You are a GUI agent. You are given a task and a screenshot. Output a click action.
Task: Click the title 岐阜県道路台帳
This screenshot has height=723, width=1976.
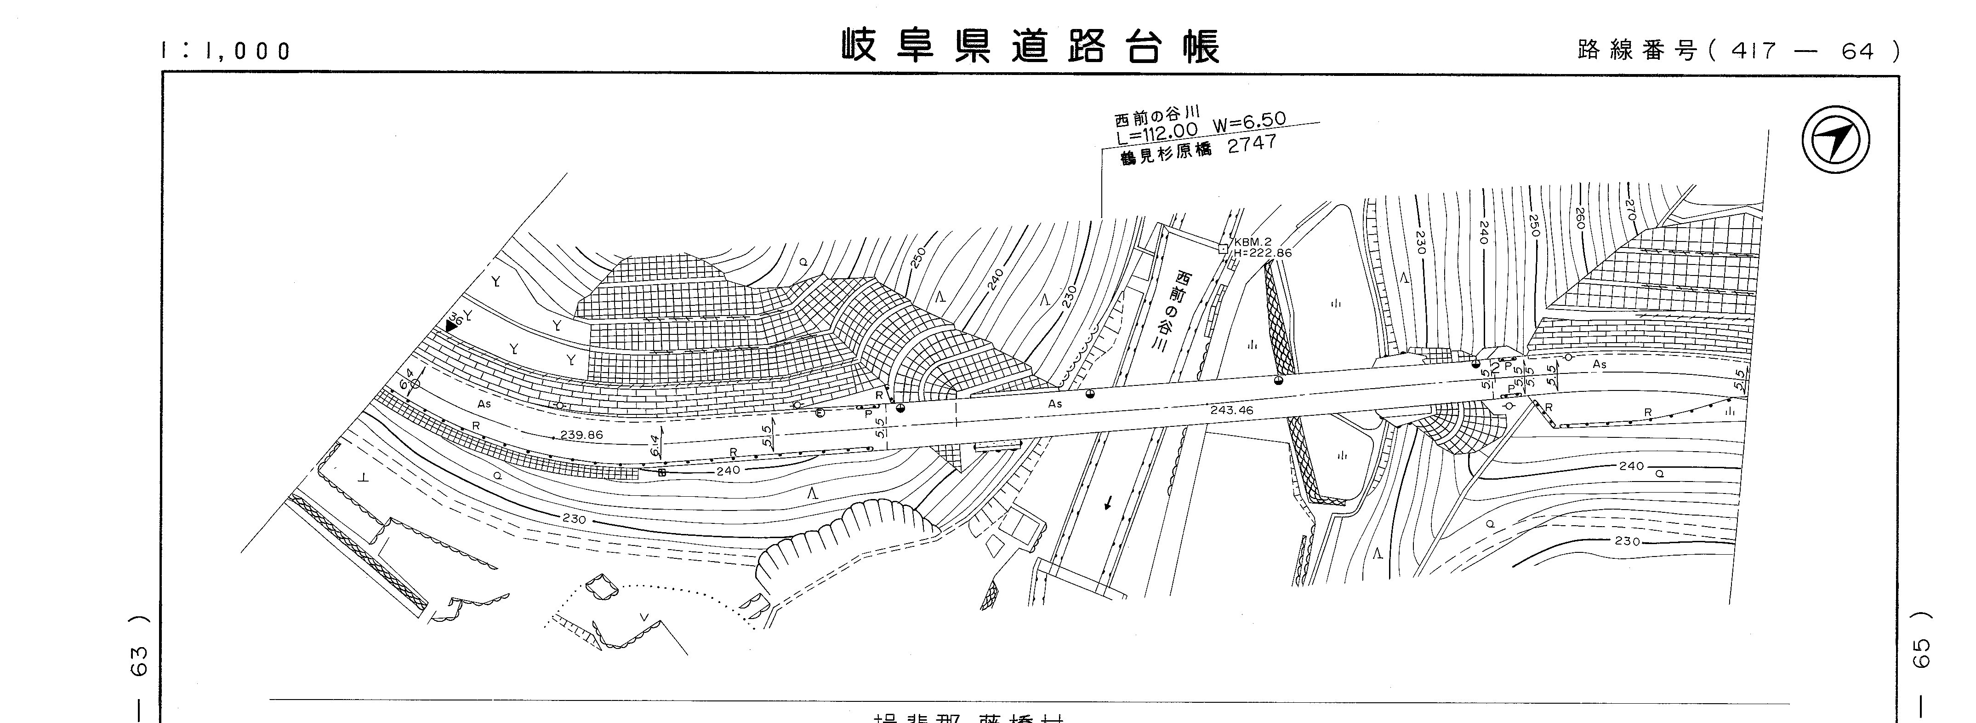1030,47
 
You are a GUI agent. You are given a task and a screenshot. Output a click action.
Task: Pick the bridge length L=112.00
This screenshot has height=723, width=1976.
1157,134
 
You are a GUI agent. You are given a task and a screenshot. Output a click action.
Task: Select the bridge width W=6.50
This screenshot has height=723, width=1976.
1249,123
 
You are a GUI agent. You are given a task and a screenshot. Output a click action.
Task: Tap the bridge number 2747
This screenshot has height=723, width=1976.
1252,143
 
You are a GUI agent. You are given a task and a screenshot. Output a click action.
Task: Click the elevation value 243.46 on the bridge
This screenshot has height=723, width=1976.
1231,410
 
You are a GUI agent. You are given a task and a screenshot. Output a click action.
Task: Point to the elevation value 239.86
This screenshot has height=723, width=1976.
581,435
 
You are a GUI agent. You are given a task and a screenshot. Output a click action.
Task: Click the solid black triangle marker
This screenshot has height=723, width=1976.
450,326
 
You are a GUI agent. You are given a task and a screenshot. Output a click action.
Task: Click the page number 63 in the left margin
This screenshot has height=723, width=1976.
139,661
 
